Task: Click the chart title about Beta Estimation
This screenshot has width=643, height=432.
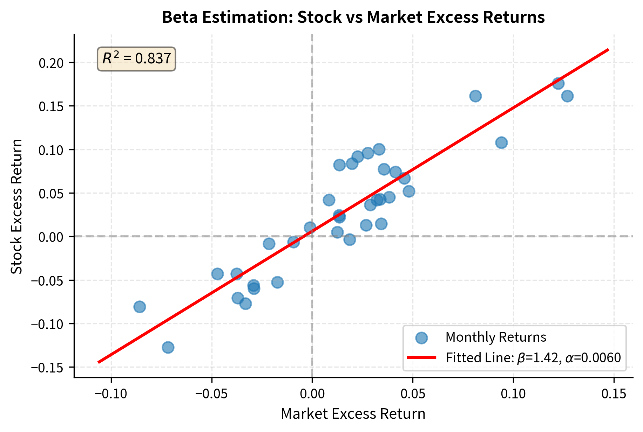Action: tap(353, 17)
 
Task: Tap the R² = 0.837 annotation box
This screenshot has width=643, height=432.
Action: tap(136, 59)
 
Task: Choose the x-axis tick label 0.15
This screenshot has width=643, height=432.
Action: tap(614, 394)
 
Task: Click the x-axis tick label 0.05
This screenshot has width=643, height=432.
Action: tap(413, 394)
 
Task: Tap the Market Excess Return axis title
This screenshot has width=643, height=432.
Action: tap(353, 414)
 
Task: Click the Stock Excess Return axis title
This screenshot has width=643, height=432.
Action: tap(17, 207)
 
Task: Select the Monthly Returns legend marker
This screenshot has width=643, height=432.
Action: tap(421, 337)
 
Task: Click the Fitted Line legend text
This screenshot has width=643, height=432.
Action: tap(533, 358)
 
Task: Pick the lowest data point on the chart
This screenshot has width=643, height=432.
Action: tap(168, 347)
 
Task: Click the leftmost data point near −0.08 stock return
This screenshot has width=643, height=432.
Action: tap(140, 307)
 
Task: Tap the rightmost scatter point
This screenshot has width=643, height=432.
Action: tap(567, 96)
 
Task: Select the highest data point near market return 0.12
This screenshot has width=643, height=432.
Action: tap(558, 83)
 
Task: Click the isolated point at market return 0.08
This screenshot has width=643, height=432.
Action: tap(475, 96)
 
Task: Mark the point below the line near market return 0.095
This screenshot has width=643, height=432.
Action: tap(501, 142)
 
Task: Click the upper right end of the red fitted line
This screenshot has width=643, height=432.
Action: tap(608, 50)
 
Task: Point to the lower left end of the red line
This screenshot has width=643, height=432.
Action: tap(99, 362)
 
